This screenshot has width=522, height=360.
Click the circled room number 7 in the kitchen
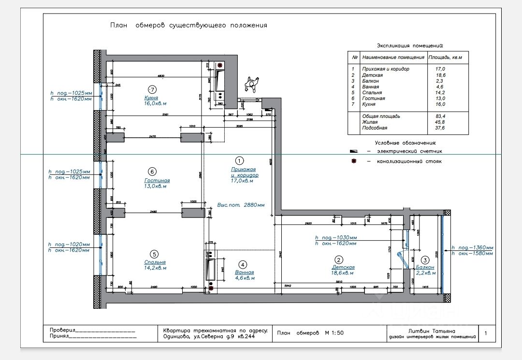click(x=152, y=89)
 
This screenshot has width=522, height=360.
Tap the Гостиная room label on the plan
click(x=157, y=181)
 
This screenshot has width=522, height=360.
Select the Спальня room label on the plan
click(x=155, y=263)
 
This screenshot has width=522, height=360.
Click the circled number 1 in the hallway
click(x=239, y=160)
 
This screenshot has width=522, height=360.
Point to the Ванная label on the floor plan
click(x=244, y=273)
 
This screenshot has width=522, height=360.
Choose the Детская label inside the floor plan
click(x=343, y=267)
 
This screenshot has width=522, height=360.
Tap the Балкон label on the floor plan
click(x=425, y=267)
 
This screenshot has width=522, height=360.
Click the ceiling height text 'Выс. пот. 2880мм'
click(x=241, y=204)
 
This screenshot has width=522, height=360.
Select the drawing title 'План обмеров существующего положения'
click(x=188, y=25)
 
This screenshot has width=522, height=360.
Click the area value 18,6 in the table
click(x=440, y=75)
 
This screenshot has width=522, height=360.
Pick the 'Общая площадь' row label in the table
click(x=381, y=116)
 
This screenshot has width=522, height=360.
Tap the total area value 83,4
click(x=440, y=116)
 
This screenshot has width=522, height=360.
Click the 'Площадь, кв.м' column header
click(x=445, y=58)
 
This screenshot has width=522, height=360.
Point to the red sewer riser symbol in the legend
click(x=354, y=161)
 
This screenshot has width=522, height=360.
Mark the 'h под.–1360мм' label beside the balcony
click(x=472, y=247)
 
